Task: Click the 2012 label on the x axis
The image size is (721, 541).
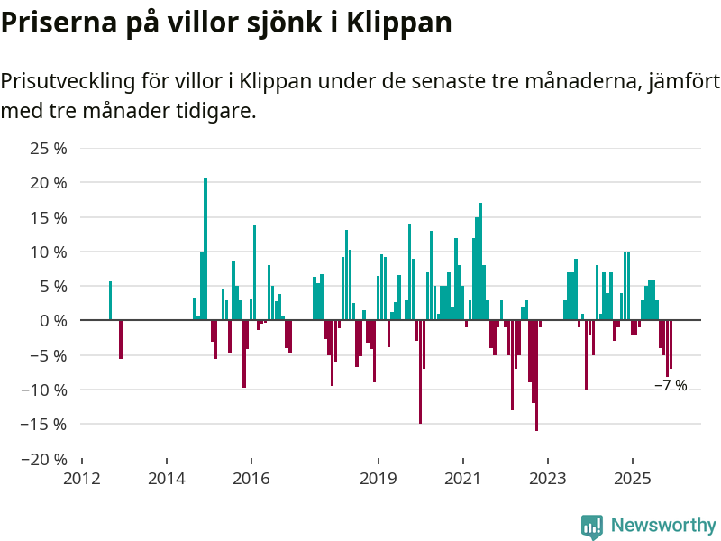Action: click(x=82, y=478)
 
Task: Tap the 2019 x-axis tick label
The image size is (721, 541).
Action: click(x=378, y=478)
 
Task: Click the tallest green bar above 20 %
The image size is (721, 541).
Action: click(x=205, y=248)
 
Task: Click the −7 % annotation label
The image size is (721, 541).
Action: click(x=671, y=386)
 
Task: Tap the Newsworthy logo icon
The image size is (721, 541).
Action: click(x=592, y=527)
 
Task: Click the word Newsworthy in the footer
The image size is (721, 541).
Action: click(x=663, y=525)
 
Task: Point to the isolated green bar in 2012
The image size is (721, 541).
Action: click(x=110, y=300)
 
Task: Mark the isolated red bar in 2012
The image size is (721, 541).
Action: click(x=121, y=339)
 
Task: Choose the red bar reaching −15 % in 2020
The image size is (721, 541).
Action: click(x=420, y=371)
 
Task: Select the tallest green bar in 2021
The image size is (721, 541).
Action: click(x=480, y=261)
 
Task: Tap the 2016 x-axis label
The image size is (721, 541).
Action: click(x=251, y=478)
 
